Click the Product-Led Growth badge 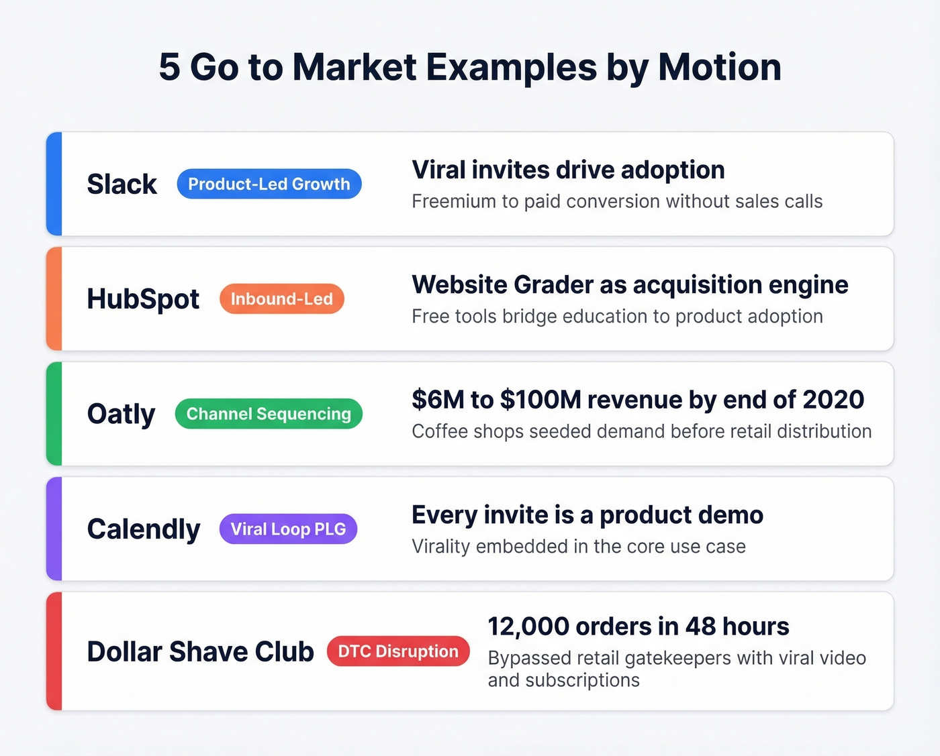tap(269, 184)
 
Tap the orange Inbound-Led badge tap(281, 299)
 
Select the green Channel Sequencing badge tap(269, 414)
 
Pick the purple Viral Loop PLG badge tap(288, 529)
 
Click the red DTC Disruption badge tap(398, 651)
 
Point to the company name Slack tap(122, 184)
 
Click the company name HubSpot tap(143, 299)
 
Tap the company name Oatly tap(121, 414)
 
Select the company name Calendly tap(144, 529)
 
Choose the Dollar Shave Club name tap(200, 651)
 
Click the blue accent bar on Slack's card tap(54, 184)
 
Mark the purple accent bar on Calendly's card tap(54, 529)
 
